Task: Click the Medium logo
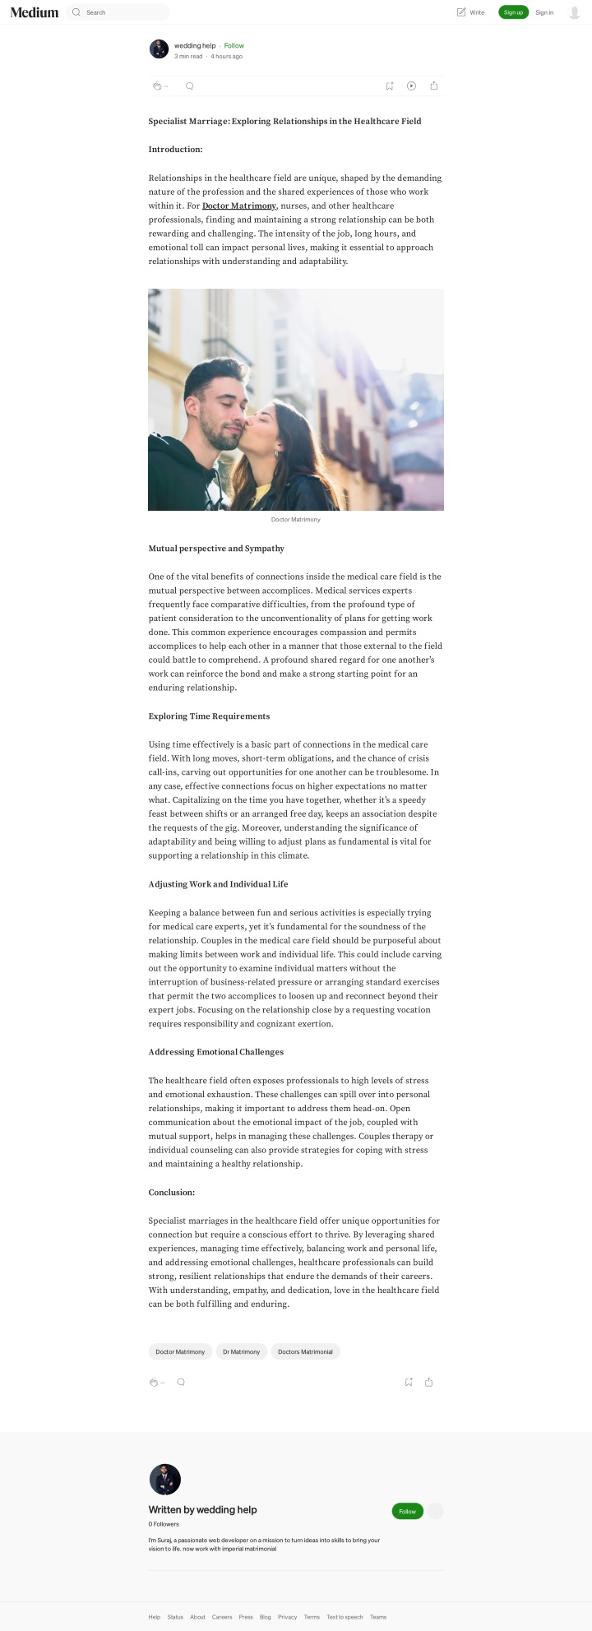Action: click(35, 12)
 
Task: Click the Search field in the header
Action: click(123, 12)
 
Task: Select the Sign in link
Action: click(544, 12)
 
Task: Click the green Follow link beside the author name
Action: click(234, 46)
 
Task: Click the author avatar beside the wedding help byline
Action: click(159, 49)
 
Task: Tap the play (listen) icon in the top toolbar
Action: click(412, 86)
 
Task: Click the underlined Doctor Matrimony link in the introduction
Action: click(239, 206)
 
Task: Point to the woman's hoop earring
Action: click(276, 453)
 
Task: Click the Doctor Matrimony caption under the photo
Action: click(296, 520)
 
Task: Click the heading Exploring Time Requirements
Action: click(209, 716)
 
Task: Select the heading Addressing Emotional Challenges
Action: click(215, 1052)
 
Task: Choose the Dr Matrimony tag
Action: click(242, 1351)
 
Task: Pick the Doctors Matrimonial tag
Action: click(305, 1351)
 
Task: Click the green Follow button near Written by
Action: click(407, 1511)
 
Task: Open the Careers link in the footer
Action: click(222, 1617)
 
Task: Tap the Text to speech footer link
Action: click(345, 1617)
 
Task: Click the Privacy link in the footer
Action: click(287, 1617)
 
